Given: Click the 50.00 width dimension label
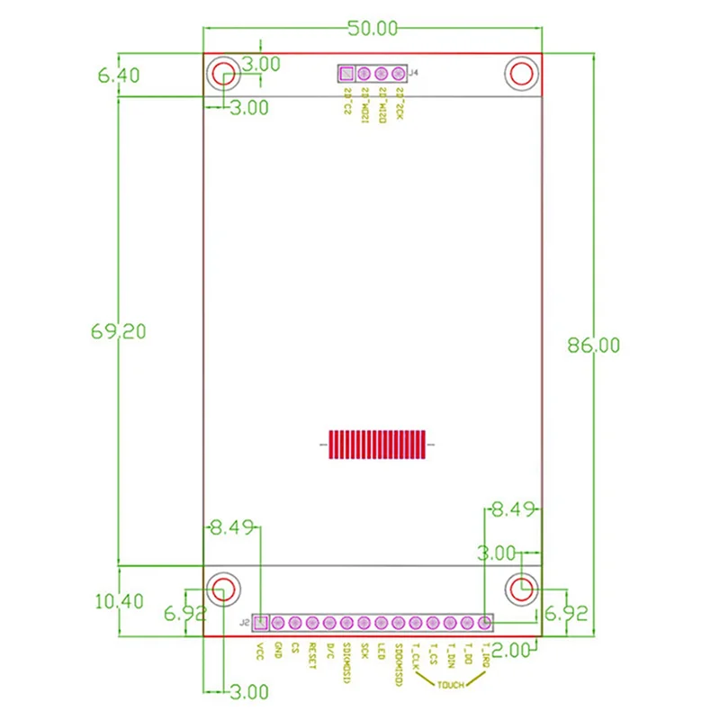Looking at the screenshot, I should pyautogui.click(x=373, y=28).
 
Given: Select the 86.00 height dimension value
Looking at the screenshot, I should pyautogui.click(x=592, y=345).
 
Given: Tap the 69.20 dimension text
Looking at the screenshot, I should pyautogui.click(x=119, y=331).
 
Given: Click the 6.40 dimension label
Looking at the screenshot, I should pyautogui.click(x=119, y=76).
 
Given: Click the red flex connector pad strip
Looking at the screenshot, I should pyautogui.click(x=376, y=445).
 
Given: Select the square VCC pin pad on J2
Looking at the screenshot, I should pyautogui.click(x=261, y=622).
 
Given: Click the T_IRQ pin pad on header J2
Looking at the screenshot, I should pyautogui.click(x=485, y=622).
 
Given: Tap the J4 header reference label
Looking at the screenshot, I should pyautogui.click(x=413, y=73).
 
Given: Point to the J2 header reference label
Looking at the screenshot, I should pyautogui.click(x=244, y=622).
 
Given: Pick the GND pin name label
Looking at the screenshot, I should pyautogui.click(x=278, y=650).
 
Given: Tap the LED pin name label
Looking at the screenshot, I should pyautogui.click(x=382, y=651).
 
